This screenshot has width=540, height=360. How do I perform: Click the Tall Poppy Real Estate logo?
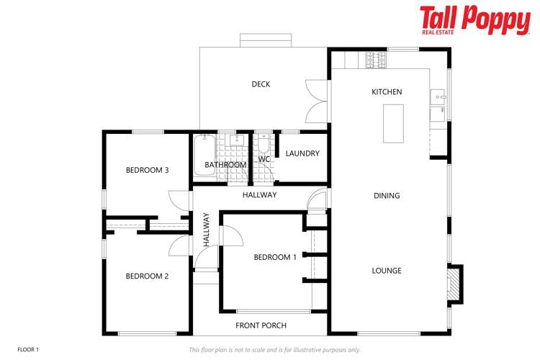(474, 19)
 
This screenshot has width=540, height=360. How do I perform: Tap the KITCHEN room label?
(387, 92)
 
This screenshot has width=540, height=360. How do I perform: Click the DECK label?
(261, 84)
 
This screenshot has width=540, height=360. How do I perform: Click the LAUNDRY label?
(302, 153)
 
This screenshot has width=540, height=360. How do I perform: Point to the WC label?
(264, 159)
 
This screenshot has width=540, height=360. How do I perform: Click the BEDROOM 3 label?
(147, 171)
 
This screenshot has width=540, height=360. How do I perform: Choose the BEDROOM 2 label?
(147, 276)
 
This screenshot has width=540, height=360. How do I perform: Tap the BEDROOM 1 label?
(275, 257)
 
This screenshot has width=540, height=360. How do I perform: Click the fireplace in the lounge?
(454, 282)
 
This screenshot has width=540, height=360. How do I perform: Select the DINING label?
(387, 196)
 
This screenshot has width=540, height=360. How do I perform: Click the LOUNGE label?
(387, 271)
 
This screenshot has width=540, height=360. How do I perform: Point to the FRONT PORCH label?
(261, 325)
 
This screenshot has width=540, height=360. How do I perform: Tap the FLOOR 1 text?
(27, 349)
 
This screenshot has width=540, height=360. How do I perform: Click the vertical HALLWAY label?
(206, 230)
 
